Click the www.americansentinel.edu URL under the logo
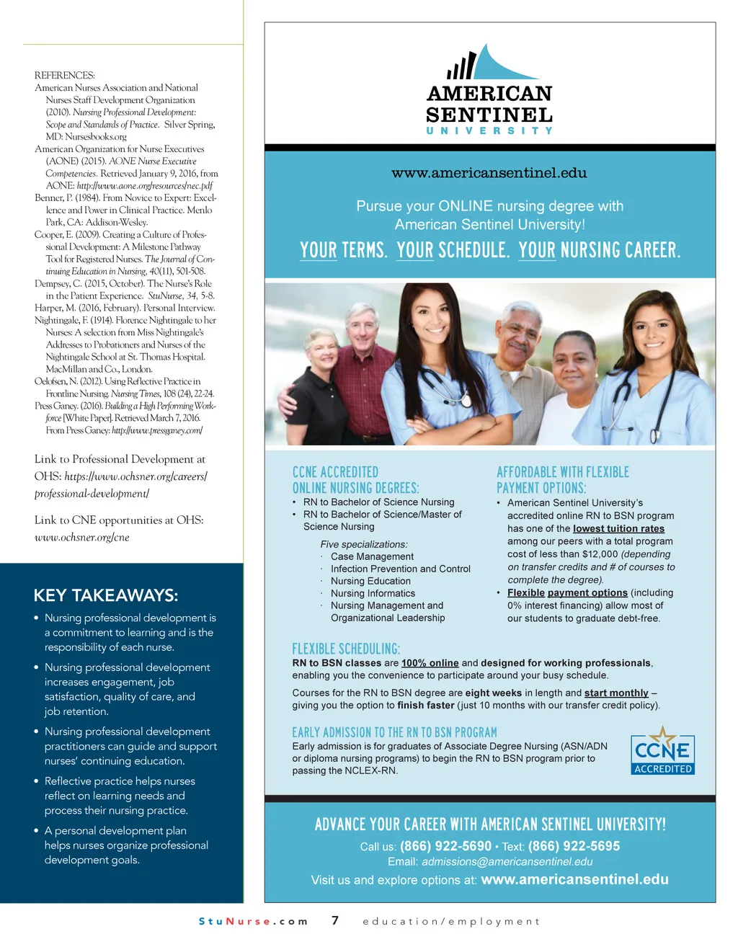[489, 173]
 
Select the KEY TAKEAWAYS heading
[105, 595]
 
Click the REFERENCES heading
[64, 75]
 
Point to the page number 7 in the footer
[335, 920]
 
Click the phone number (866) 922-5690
[445, 846]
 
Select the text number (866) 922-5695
[574, 846]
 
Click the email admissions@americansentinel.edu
[507, 862]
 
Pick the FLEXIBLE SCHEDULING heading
[346, 649]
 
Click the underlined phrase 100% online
[430, 663]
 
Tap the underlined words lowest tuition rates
[618, 528]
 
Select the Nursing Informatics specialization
[373, 593]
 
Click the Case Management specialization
[372, 556]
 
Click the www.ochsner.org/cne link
[81, 537]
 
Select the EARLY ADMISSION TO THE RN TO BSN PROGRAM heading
[394, 732]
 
